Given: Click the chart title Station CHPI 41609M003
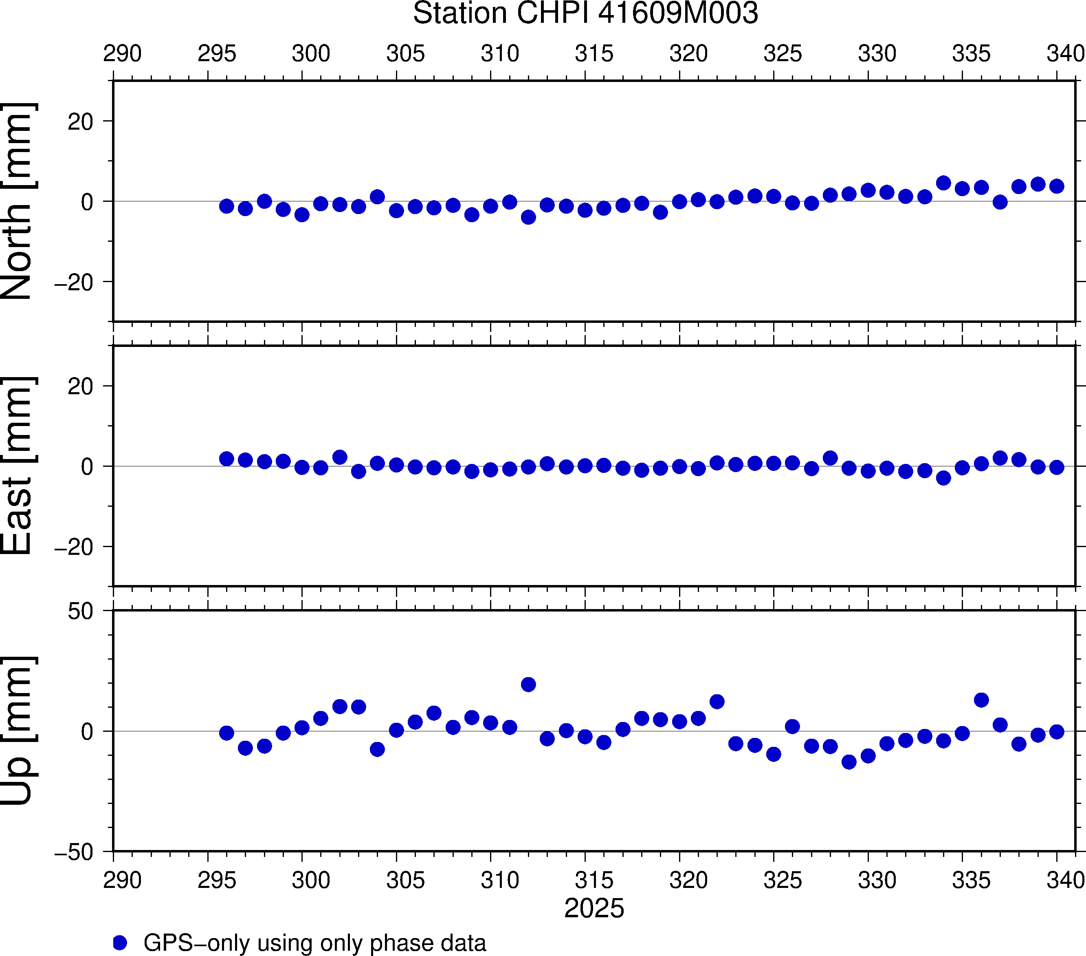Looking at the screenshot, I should (x=585, y=13).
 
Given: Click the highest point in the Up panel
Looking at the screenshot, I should (x=528, y=684).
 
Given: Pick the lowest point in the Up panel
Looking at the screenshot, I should (x=849, y=762).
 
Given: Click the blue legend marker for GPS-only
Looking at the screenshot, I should (x=120, y=943).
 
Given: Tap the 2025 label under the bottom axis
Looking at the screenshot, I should (x=594, y=908).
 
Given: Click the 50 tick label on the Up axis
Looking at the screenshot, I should (x=80, y=612).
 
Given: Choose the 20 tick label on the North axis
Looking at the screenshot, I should (x=80, y=122).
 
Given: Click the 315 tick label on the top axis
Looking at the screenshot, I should (x=594, y=54).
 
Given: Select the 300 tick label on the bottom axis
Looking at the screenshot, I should (x=311, y=881).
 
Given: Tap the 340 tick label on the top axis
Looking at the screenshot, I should (x=1065, y=54).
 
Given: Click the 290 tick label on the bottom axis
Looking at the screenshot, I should (x=122, y=881).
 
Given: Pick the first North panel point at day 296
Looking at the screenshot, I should (x=226, y=206).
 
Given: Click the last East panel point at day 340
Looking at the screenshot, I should (x=1057, y=467).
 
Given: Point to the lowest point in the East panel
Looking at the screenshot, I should (x=943, y=478).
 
